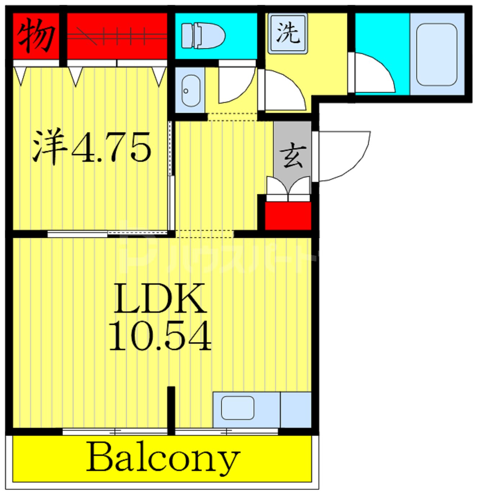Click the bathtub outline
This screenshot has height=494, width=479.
click(437, 54)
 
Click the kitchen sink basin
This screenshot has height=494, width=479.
click(237, 407)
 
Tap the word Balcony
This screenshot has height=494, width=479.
click(163, 458)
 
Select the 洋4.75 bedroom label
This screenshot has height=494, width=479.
click(91, 147)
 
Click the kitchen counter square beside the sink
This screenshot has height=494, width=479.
click(295, 410)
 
